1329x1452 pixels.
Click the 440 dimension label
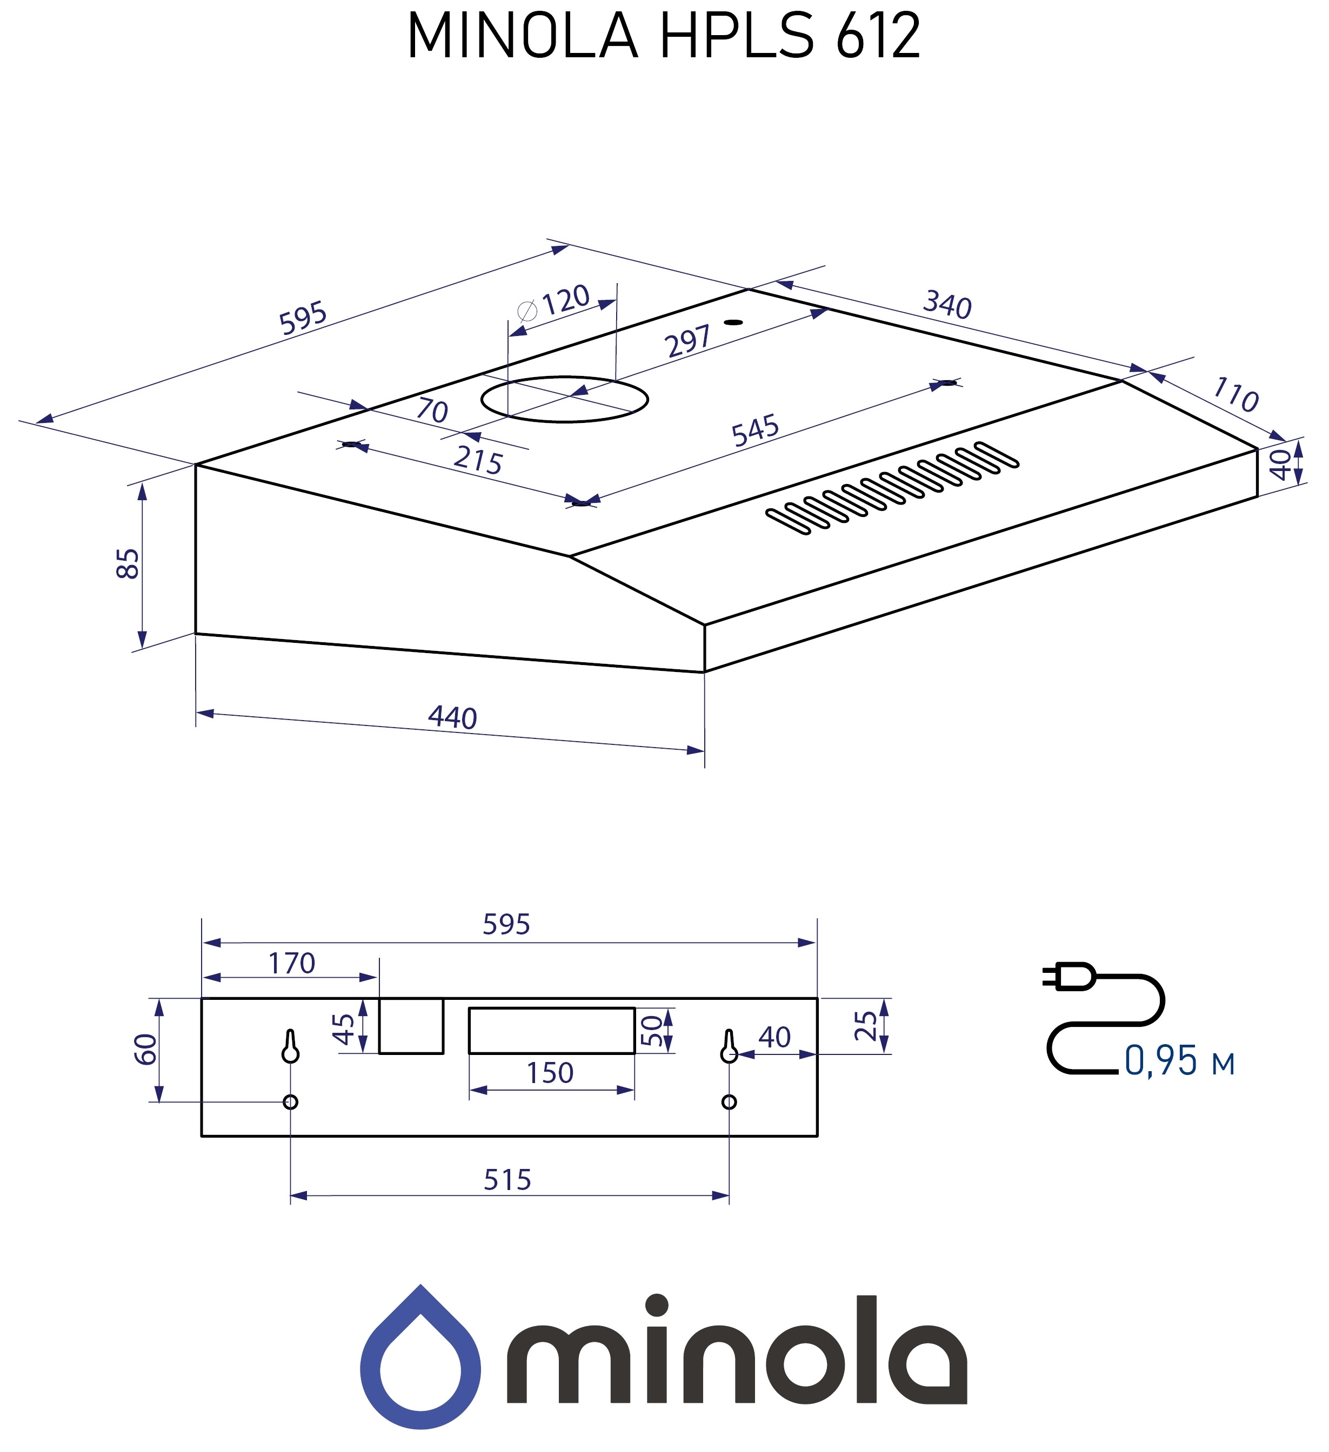click(452, 718)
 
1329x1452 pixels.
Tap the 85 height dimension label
click(128, 563)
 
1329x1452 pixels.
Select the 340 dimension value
click(947, 305)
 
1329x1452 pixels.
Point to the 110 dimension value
click(1235, 395)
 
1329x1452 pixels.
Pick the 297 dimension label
click(689, 341)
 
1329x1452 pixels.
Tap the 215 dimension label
click(478, 461)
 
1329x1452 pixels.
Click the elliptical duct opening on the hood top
click(564, 399)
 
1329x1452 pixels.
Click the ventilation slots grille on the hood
click(892, 488)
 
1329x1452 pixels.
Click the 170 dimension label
click(291, 963)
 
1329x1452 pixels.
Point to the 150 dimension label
click(549, 1073)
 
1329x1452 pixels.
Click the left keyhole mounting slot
click(290, 1046)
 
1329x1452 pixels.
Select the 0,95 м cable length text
click(1179, 1061)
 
